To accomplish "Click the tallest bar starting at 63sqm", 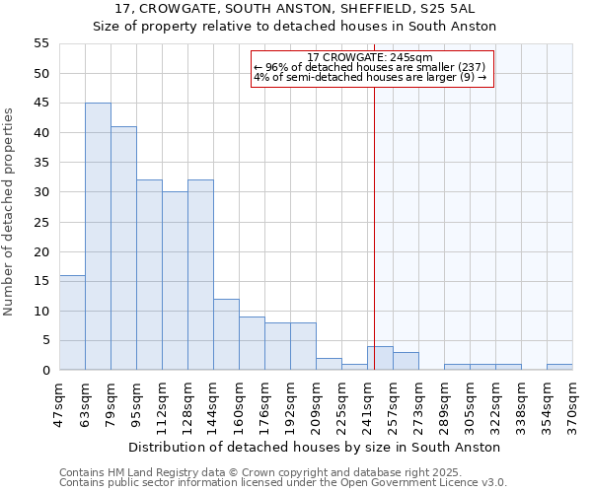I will (x=98, y=237).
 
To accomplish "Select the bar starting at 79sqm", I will (x=123, y=248).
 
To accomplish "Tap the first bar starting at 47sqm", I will (x=72, y=322).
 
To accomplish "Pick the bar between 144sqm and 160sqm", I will (x=226, y=334).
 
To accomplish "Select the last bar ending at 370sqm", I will (x=559, y=367).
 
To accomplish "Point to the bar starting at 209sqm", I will (x=329, y=364).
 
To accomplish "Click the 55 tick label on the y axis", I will (x=41, y=43).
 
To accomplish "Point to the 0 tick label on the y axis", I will (x=45, y=371).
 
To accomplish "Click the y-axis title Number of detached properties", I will (x=10, y=212).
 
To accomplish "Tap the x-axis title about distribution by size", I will (x=315, y=447).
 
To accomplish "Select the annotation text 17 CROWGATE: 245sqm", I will (x=370, y=58).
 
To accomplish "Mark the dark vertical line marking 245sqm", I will (x=374, y=227).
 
